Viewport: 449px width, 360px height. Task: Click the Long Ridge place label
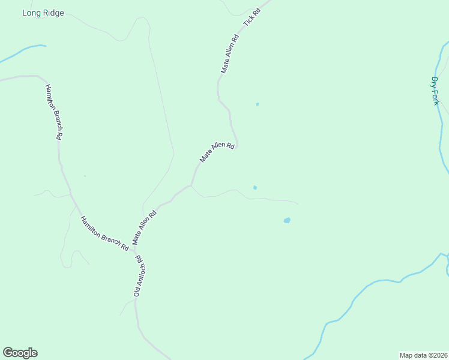[43, 13]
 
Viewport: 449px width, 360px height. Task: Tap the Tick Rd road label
[252, 17]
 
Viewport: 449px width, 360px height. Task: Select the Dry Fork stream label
[436, 91]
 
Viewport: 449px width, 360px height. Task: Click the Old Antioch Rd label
[138, 276]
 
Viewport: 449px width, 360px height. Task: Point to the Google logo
[20, 353]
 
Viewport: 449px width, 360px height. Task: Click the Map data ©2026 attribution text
[423, 355]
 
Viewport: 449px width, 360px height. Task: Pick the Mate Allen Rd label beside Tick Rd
[230, 54]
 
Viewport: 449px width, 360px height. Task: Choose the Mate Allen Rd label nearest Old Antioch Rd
[145, 226]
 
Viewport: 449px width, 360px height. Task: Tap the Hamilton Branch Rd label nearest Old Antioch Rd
[104, 233]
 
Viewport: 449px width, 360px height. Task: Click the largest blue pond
[287, 221]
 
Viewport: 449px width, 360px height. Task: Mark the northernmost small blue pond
[258, 104]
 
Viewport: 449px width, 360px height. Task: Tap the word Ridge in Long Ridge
[52, 13]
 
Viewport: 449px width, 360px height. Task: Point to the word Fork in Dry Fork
[436, 97]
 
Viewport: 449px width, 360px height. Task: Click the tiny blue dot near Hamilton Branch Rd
[85, 176]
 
